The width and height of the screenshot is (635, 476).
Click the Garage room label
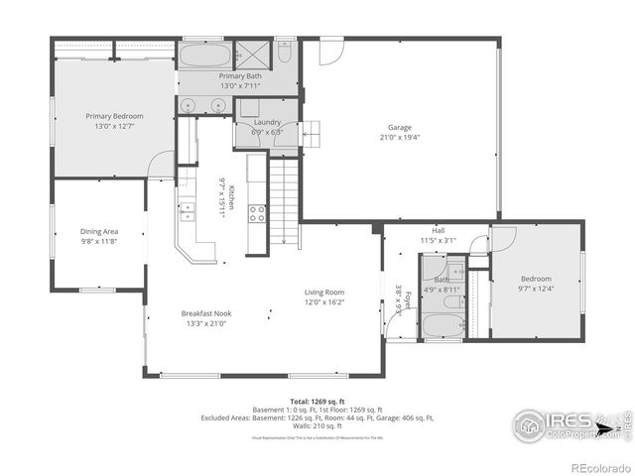coord(400,127)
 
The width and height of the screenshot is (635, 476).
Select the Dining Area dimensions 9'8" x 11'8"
coord(99,241)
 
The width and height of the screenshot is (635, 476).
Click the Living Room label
coord(323,292)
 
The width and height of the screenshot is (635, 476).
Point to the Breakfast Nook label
coord(207,312)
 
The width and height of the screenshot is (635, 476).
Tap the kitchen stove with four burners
coord(256,211)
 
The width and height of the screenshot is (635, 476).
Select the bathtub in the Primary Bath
coord(205,54)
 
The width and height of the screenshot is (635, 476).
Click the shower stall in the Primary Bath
coord(253,53)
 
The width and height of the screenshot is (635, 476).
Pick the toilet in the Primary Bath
coord(284,51)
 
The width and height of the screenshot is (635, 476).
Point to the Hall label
coord(438,229)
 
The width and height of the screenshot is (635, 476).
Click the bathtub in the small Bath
coord(444,325)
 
